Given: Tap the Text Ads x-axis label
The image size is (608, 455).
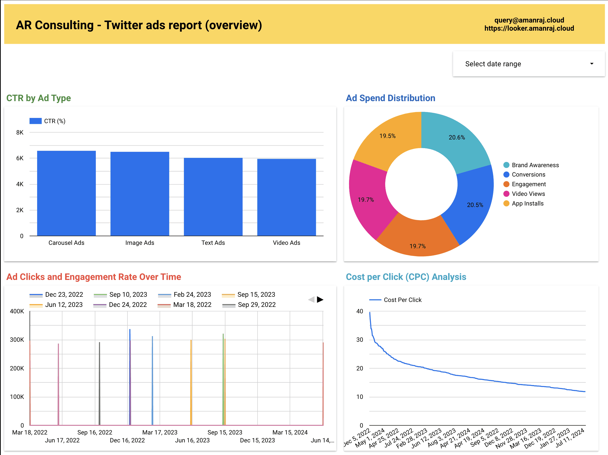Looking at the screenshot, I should (213, 243).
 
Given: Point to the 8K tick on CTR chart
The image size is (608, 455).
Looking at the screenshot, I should (20, 132).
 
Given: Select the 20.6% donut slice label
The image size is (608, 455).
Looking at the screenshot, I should (456, 137).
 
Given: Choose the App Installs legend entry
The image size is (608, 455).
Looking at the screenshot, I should (527, 204).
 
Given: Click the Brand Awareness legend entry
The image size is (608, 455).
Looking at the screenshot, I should (535, 165).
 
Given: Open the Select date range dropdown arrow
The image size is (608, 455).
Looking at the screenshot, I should (591, 64).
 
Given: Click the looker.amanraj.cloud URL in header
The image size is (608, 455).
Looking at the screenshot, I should (529, 28).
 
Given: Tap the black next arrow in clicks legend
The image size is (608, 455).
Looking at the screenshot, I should (320, 299).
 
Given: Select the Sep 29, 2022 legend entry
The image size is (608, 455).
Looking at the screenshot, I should (256, 304).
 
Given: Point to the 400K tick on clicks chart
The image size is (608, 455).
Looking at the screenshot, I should (17, 311).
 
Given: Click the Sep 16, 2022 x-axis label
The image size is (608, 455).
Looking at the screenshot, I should (95, 432).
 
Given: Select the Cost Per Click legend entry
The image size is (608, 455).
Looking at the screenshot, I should (402, 300).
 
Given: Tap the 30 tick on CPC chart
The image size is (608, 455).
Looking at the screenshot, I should (359, 340).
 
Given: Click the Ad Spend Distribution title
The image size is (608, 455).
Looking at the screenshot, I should (390, 98).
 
